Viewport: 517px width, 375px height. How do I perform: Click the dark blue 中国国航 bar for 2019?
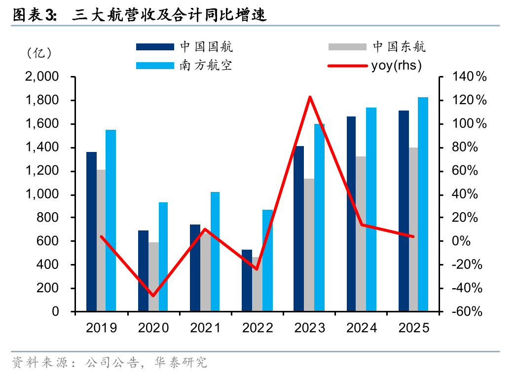[91, 232]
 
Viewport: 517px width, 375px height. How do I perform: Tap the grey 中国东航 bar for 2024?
[361, 234]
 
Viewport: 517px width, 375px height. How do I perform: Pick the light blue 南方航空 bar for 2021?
[215, 252]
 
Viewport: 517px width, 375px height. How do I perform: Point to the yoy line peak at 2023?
[310, 97]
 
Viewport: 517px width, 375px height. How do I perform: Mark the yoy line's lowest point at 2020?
[153, 296]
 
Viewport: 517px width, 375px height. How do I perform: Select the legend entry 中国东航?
[399, 47]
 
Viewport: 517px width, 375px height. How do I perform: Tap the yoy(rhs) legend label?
[396, 65]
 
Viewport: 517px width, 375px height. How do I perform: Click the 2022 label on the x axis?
[257, 328]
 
